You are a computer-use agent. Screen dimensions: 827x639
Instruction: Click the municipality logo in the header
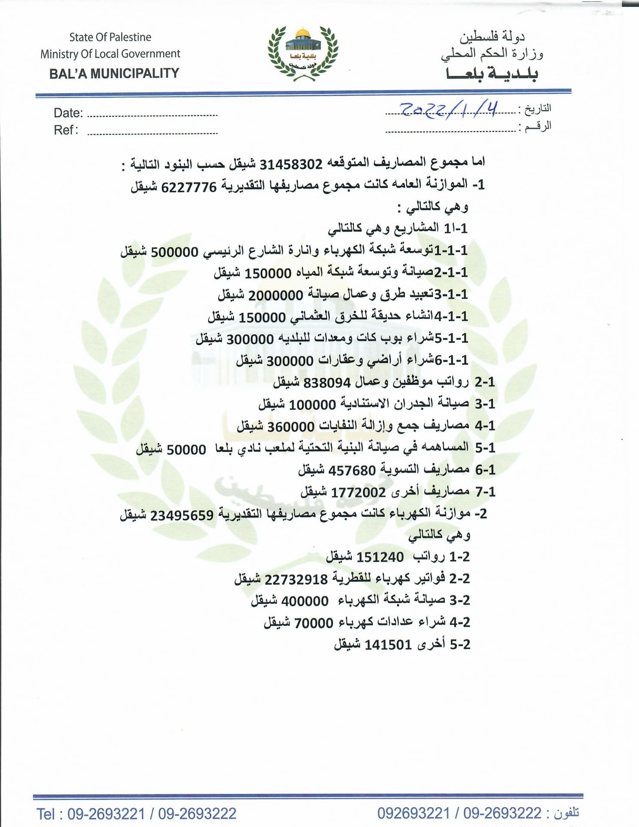click(303, 54)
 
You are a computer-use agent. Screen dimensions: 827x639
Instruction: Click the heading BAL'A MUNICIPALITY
click(114, 73)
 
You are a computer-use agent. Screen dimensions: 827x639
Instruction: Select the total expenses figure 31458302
click(291, 164)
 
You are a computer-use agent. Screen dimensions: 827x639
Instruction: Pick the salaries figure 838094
click(327, 382)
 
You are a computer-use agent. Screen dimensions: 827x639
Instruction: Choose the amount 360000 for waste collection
click(291, 427)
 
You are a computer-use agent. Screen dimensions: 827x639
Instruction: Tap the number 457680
click(352, 470)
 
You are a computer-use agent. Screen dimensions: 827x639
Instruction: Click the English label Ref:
click(66, 130)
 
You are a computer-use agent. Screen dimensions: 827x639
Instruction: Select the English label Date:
click(68, 113)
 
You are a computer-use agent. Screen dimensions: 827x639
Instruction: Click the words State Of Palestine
click(110, 37)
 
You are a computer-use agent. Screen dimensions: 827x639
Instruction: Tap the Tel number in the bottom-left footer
click(137, 814)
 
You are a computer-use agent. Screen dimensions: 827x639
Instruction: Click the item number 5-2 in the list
click(460, 644)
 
